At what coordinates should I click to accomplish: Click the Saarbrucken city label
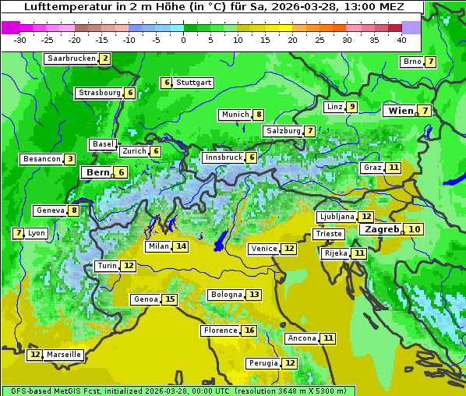point(72,58)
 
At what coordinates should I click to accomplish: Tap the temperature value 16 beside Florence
point(249,331)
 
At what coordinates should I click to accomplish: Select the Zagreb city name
point(380,229)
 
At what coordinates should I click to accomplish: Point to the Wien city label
point(401,111)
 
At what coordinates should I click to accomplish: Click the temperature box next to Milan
point(181,246)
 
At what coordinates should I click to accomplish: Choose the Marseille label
point(64,355)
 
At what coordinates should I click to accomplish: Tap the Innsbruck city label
point(223,157)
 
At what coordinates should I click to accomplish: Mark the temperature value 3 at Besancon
point(70,159)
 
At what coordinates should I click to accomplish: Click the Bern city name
point(98,172)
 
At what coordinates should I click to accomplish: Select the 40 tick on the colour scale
point(401,40)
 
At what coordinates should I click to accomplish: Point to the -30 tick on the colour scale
point(20,40)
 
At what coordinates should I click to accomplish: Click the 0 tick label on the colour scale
point(184,40)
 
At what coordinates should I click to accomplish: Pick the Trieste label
point(328,234)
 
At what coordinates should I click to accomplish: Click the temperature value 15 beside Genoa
point(170,299)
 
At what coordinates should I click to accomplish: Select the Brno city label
point(411,62)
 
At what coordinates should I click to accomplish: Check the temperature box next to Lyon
point(18,233)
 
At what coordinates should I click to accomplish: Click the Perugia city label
point(263,363)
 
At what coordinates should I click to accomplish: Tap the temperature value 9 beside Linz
point(352,107)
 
